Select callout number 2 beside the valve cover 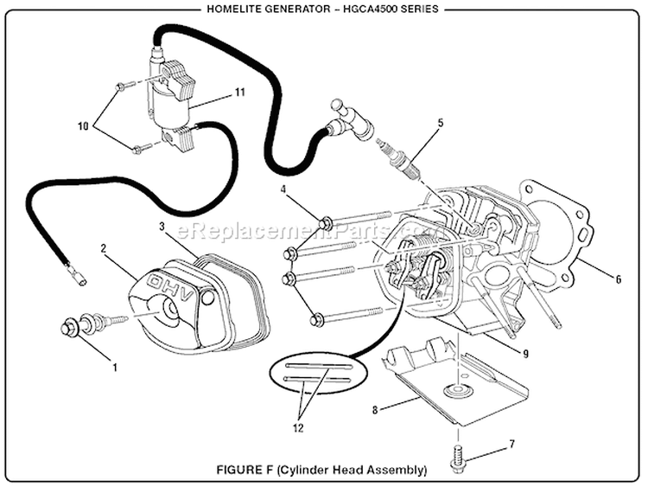(104, 249)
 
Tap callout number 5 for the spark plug (440, 124)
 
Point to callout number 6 (619, 279)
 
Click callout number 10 (84, 126)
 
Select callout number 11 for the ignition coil (240, 92)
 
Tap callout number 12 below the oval (299, 426)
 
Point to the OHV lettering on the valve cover (177, 285)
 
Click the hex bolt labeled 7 (457, 461)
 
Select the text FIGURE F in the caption (246, 471)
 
